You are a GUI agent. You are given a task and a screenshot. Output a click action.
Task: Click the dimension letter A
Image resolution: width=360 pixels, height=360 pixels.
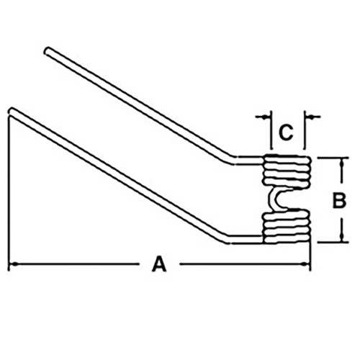point(159,264)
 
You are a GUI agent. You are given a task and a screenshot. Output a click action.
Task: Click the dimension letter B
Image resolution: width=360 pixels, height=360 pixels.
point(339,200)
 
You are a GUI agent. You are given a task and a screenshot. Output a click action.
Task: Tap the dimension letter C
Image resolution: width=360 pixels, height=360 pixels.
point(286,132)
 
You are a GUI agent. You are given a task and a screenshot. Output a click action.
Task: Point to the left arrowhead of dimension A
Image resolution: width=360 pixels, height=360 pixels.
point(13,264)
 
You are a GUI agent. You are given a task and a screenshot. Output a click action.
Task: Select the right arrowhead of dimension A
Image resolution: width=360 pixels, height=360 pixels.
point(305,264)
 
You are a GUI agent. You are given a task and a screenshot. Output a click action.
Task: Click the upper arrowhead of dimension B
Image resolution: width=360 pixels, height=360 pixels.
point(342,163)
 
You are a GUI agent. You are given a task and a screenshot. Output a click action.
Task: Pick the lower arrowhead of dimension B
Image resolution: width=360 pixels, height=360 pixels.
point(342,238)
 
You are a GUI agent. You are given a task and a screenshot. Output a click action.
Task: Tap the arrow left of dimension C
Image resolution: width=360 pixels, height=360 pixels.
point(264,117)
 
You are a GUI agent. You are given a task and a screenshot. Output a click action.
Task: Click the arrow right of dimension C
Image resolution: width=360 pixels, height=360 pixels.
point(312,117)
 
